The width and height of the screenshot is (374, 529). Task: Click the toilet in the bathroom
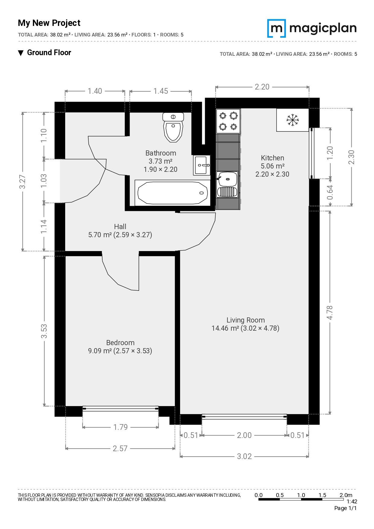tap(173, 127)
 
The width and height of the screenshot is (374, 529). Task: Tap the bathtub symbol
tap(173, 193)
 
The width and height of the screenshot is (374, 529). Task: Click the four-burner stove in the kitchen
tap(228, 121)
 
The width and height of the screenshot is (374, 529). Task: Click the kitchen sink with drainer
tap(227, 184)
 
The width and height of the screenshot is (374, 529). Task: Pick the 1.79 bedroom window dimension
tap(120, 427)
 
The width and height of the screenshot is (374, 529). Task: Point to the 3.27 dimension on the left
tap(22, 181)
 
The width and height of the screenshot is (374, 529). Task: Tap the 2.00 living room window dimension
tap(244, 435)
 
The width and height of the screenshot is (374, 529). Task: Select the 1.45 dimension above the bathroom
tap(160, 91)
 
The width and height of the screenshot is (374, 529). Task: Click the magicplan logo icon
tap(277, 28)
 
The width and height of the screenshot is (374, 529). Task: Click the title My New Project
tap(49, 23)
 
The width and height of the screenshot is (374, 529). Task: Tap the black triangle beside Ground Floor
tap(21, 53)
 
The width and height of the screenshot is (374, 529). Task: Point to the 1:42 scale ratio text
tap(352, 502)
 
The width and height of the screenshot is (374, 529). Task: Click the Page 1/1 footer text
tap(345, 508)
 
